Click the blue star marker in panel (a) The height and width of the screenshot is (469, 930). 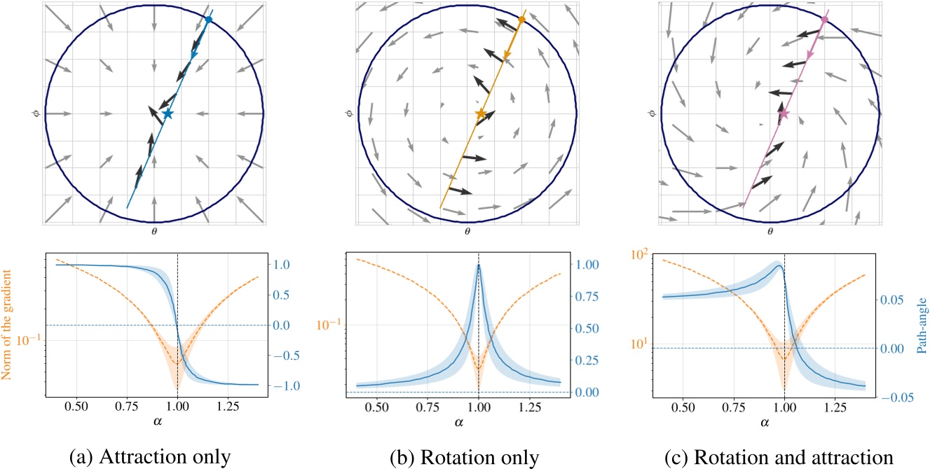(x=167, y=113)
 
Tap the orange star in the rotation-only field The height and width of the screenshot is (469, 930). (x=480, y=113)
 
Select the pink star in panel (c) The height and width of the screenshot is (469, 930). (x=784, y=113)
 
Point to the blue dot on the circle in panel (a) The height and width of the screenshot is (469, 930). (x=208, y=20)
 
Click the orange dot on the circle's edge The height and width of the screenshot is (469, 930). (x=521, y=20)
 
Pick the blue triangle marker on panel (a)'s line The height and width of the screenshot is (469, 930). (x=193, y=54)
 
